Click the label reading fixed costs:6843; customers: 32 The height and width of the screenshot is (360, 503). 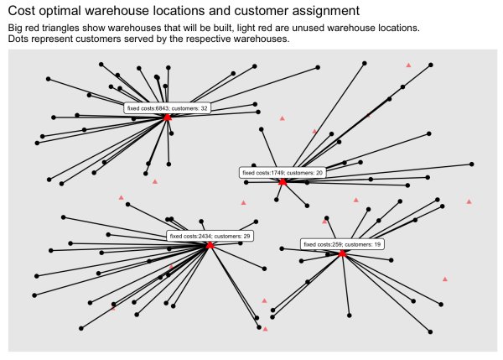point(167,107)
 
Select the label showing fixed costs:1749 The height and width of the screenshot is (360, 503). point(282,172)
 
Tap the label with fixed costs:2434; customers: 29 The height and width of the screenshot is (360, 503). point(210,236)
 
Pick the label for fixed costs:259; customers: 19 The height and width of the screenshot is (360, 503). point(342,244)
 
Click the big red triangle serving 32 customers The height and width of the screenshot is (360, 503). point(168,117)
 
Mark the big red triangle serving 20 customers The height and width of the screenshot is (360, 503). point(283,182)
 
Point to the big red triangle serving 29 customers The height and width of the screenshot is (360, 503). point(210,245)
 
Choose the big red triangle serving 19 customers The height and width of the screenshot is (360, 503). point(343,253)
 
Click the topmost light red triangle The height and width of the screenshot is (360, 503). point(408,64)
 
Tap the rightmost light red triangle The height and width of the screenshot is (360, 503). point(469,201)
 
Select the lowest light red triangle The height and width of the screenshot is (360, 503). point(265,329)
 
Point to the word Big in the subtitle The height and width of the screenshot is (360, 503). point(16,28)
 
